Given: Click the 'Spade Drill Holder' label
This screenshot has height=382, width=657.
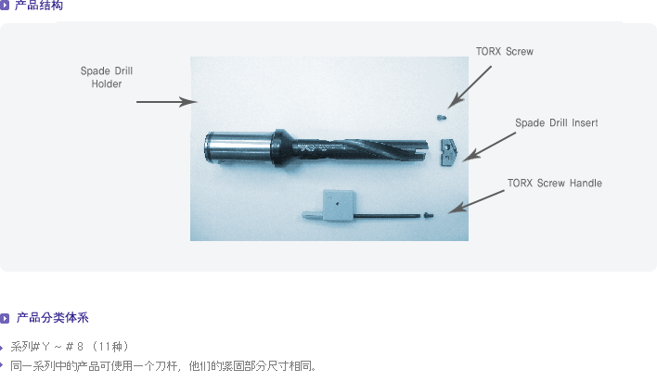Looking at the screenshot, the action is pyautogui.click(x=107, y=77).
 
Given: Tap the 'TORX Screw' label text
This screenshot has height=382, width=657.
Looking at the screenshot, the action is pyautogui.click(x=505, y=52).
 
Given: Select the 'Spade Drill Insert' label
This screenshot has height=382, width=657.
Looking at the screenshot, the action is pyautogui.click(x=557, y=122).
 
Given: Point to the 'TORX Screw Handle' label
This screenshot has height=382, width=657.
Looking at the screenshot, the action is pyautogui.click(x=555, y=183).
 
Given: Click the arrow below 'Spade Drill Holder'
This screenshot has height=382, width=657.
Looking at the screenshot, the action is pyautogui.click(x=167, y=102).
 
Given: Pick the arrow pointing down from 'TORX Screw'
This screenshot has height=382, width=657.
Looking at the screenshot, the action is pyautogui.click(x=470, y=87).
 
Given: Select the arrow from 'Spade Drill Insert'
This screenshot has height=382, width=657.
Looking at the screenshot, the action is pyautogui.click(x=489, y=146).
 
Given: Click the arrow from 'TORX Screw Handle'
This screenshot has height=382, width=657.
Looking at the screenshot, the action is pyautogui.click(x=476, y=201).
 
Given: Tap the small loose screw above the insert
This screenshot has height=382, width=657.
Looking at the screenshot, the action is pyautogui.click(x=441, y=118).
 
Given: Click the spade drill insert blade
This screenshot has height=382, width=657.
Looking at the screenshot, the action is pyautogui.click(x=448, y=152).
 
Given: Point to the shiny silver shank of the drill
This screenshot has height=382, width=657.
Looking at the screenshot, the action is pyautogui.click(x=238, y=147).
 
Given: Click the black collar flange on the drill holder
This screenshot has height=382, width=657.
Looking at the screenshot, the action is pyautogui.click(x=280, y=147).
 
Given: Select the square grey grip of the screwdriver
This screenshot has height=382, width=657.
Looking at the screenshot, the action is pyautogui.click(x=338, y=204).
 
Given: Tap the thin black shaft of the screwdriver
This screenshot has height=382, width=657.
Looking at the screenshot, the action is pyautogui.click(x=387, y=216).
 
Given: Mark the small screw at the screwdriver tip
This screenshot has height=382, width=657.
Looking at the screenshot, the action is pyautogui.click(x=428, y=215).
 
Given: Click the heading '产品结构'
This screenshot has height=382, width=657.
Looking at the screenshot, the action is pyautogui.click(x=39, y=6).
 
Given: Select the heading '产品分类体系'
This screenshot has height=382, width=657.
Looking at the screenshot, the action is pyautogui.click(x=52, y=318).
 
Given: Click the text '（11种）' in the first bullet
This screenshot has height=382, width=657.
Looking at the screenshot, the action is pyautogui.click(x=110, y=347).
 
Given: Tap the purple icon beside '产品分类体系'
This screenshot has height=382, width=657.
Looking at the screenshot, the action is pyautogui.click(x=5, y=318).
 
